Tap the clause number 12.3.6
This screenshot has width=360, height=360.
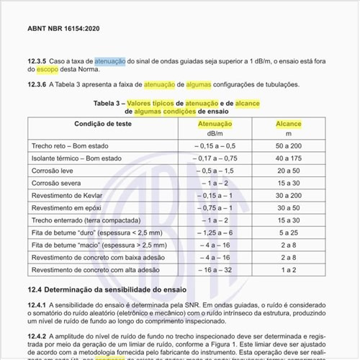[37, 84]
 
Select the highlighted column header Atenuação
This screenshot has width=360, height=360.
[215, 124]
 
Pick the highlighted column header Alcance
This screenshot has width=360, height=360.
[288, 124]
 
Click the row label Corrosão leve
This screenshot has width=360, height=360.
[53, 171]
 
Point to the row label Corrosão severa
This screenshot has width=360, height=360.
[56, 183]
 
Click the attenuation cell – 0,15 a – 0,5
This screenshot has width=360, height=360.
[215, 146]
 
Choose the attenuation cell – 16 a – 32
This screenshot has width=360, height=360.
[215, 269]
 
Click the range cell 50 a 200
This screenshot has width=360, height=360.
[288, 146]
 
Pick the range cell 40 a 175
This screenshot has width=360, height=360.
[288, 158]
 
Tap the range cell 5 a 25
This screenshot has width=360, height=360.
[288, 232]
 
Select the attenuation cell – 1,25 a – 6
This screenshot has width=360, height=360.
[215, 232]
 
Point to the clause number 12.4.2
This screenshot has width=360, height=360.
[37, 336]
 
